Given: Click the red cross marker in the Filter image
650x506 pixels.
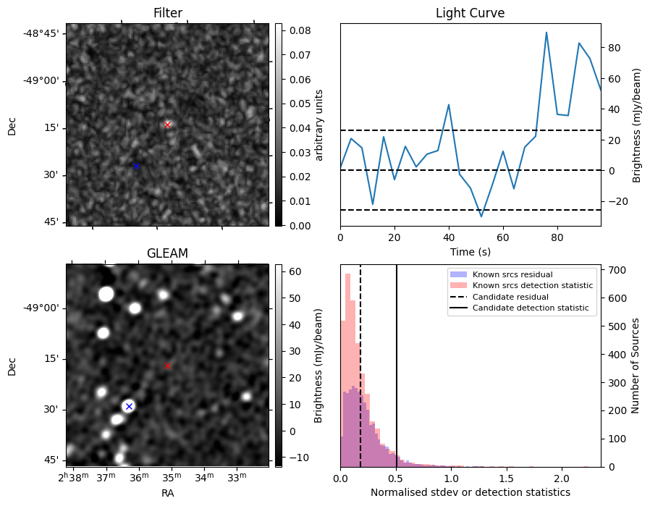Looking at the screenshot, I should click(168, 125).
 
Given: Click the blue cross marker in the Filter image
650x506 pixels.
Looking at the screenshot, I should click(136, 166).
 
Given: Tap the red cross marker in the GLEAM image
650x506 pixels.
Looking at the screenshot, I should click(168, 366).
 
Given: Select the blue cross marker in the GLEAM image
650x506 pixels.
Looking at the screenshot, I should click(129, 406).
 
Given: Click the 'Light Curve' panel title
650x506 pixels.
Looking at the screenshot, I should click(470, 13).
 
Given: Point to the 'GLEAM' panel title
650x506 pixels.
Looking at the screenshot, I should click(167, 253).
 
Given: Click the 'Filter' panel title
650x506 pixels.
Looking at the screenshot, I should click(167, 13).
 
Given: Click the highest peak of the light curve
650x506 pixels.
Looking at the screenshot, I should click(546, 33).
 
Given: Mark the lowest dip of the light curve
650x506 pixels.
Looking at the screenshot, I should click(481, 216).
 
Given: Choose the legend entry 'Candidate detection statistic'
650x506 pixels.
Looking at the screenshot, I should click(532, 308).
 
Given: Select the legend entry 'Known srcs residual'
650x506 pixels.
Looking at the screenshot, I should click(512, 274).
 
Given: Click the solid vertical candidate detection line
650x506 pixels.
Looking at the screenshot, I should click(397, 362).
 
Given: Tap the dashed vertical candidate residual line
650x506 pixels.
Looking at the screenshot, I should click(360, 362).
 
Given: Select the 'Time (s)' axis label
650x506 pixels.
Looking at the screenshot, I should click(470, 250).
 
